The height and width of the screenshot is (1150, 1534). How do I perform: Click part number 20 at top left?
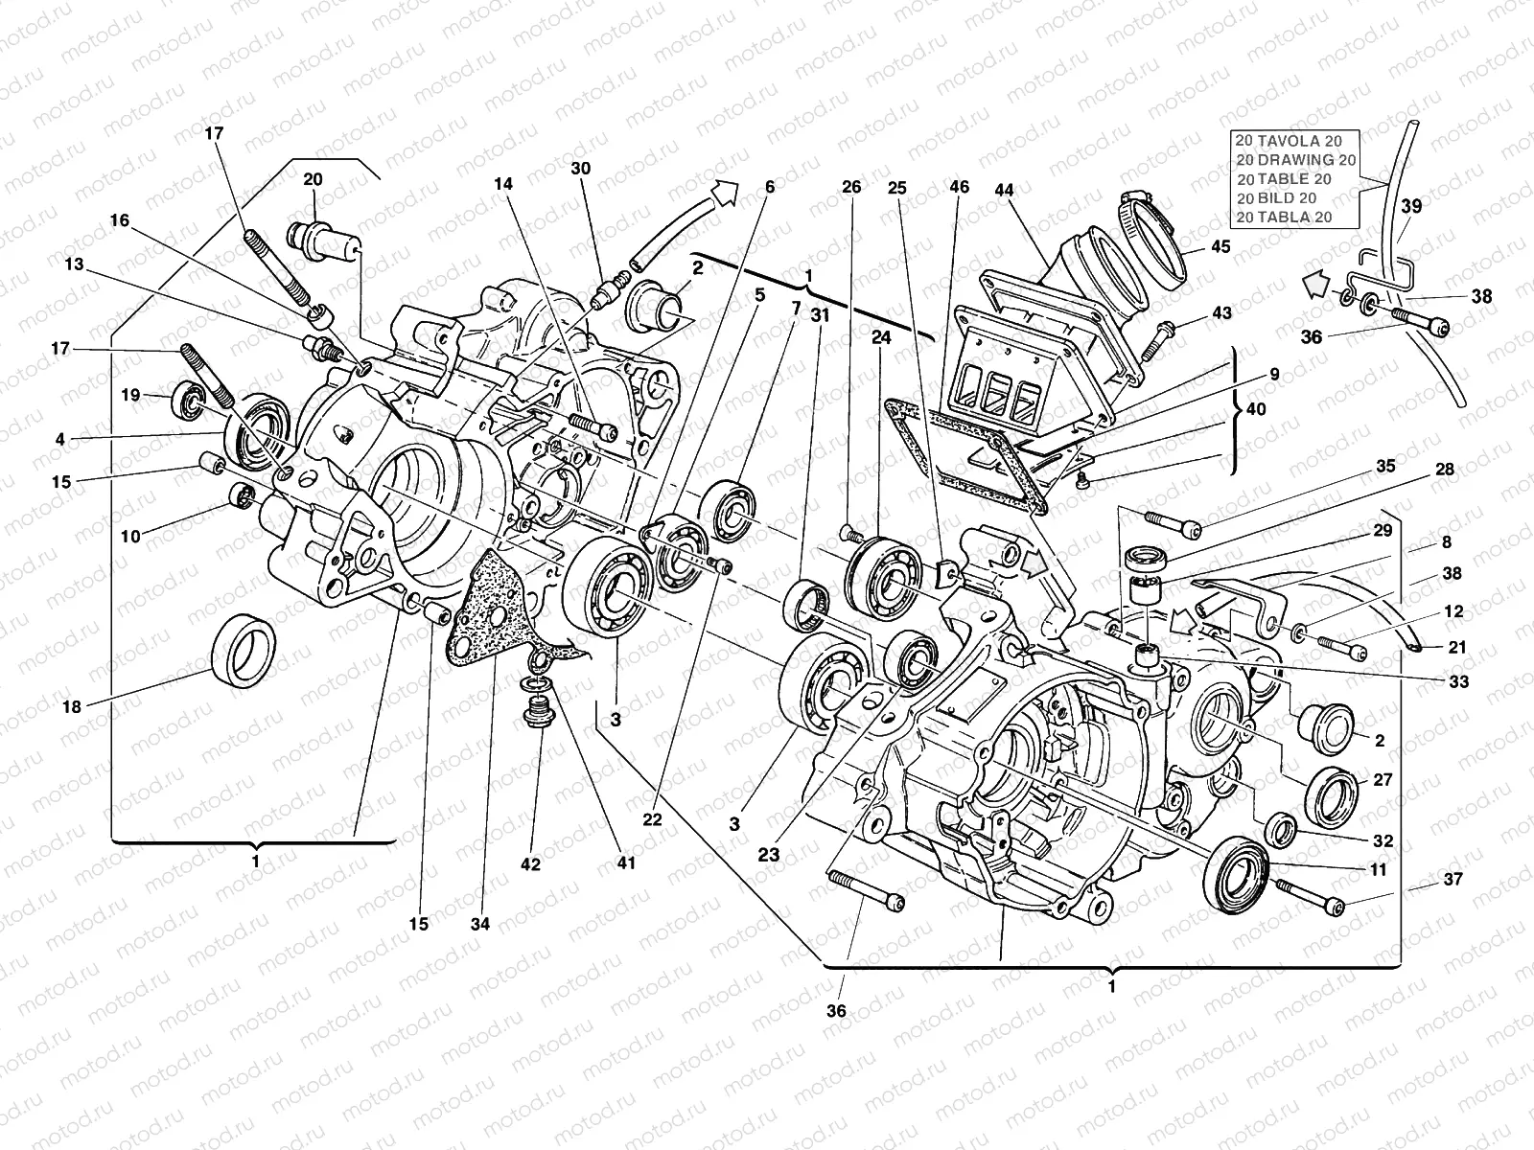point(314,178)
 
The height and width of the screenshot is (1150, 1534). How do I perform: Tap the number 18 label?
point(71,707)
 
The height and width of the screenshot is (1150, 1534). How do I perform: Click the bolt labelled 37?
point(1309,899)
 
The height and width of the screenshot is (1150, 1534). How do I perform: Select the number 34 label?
point(479,924)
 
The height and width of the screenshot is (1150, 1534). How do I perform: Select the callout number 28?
point(1445,470)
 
